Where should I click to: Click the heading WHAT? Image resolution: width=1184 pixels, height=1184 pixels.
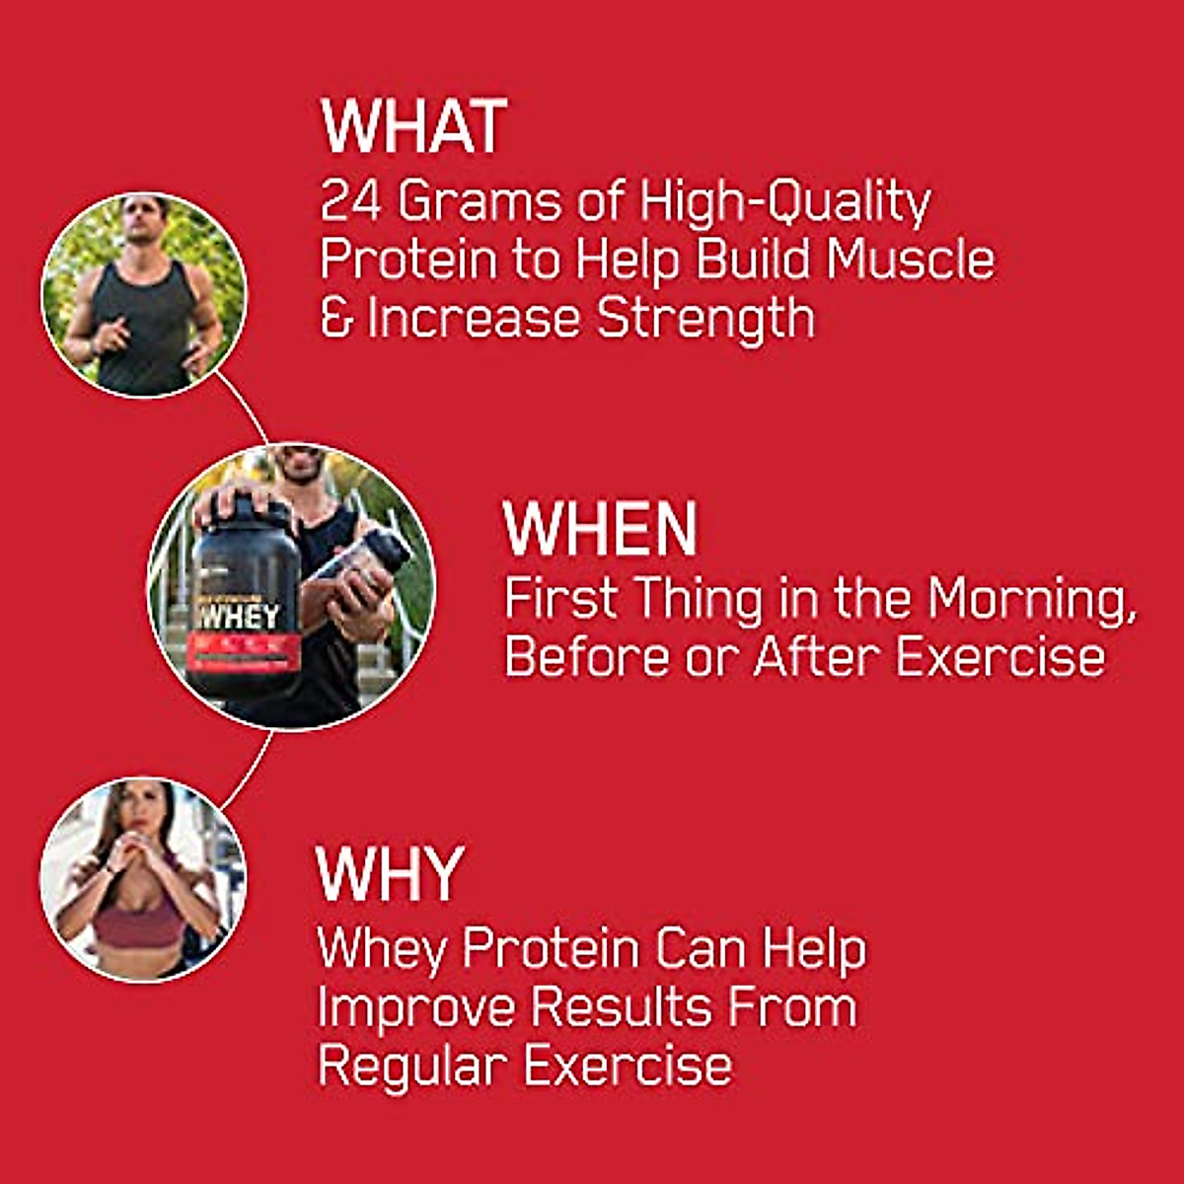[413, 126]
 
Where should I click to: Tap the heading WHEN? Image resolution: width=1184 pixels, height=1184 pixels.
[600, 529]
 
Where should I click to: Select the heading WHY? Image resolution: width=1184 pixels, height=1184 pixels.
[390, 873]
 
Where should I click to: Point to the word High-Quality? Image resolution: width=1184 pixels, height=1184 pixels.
[785, 203]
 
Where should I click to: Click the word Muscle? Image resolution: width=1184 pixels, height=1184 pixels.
[910, 259]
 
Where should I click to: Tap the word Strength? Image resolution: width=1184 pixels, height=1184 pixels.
[706, 319]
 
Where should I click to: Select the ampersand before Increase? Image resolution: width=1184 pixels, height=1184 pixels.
[335, 319]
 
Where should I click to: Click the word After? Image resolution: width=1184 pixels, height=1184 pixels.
[817, 657]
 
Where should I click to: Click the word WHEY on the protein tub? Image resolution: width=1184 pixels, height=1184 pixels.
[237, 616]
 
